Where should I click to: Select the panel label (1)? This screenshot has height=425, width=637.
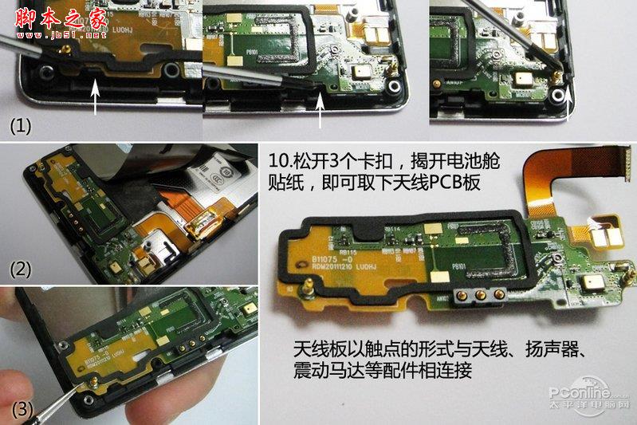20,125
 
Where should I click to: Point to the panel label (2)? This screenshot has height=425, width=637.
20,269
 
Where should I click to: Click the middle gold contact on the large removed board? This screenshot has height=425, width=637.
477,294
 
